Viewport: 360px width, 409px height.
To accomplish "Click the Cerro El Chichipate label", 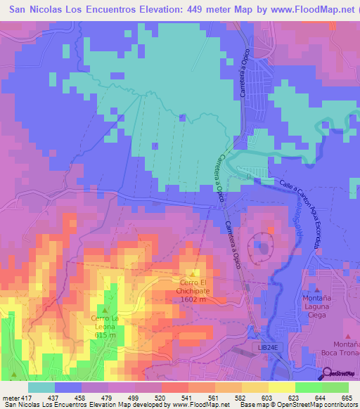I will [x=192, y=287].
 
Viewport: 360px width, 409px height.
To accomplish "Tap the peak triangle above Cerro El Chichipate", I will [x=193, y=274].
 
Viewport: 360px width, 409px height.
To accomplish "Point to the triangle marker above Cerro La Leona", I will [x=105, y=310].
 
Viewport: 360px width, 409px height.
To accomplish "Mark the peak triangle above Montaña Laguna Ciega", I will [x=317, y=290].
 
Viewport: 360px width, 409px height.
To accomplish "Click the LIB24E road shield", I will [x=264, y=347].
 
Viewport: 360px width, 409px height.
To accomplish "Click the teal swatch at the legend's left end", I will [x=41, y=387].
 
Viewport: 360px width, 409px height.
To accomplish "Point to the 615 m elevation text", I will [x=105, y=335].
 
